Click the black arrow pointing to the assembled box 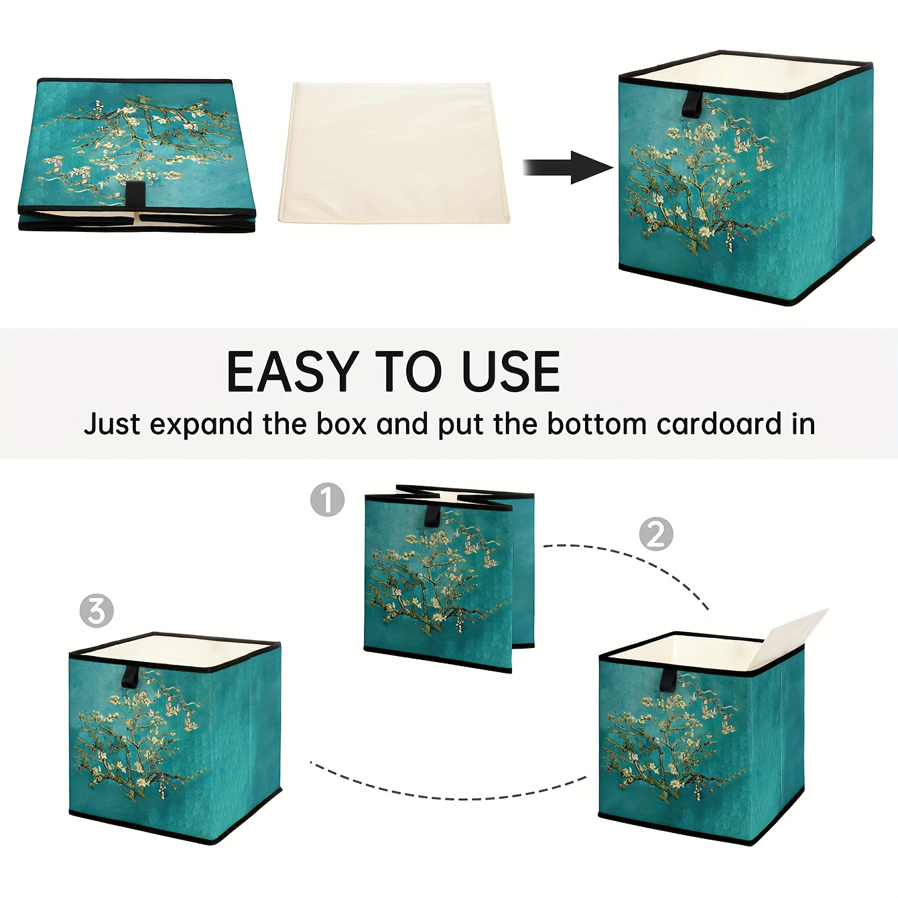pyautogui.click(x=568, y=168)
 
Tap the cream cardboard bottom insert pyautogui.click(x=394, y=152)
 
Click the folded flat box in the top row pyautogui.click(x=137, y=155)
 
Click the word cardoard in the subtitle pyautogui.click(x=718, y=424)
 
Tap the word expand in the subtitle pyautogui.click(x=202, y=425)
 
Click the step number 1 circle pyautogui.click(x=327, y=499)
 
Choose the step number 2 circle pyautogui.click(x=656, y=534)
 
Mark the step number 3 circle pyautogui.click(x=97, y=611)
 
